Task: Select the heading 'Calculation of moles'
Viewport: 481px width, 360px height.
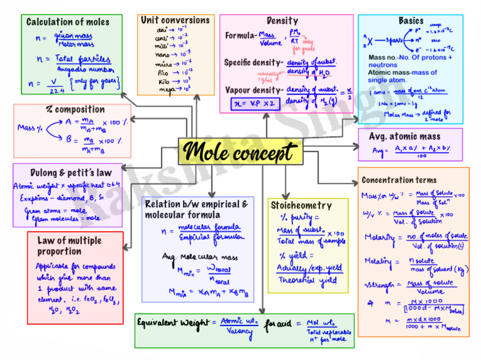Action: tap(68, 22)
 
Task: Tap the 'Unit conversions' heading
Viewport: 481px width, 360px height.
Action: tap(175, 20)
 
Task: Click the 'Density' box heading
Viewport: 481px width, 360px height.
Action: tap(282, 21)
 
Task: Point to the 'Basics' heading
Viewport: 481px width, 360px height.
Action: tap(411, 21)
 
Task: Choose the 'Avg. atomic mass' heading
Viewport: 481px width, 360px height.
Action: tap(405, 136)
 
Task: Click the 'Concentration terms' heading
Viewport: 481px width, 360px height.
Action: tap(399, 180)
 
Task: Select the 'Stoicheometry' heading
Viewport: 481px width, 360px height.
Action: tap(301, 205)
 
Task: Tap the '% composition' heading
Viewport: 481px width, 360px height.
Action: tap(75, 110)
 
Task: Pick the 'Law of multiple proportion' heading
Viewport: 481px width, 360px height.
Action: tap(69, 245)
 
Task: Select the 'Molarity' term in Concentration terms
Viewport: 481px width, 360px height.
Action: tap(380, 237)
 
